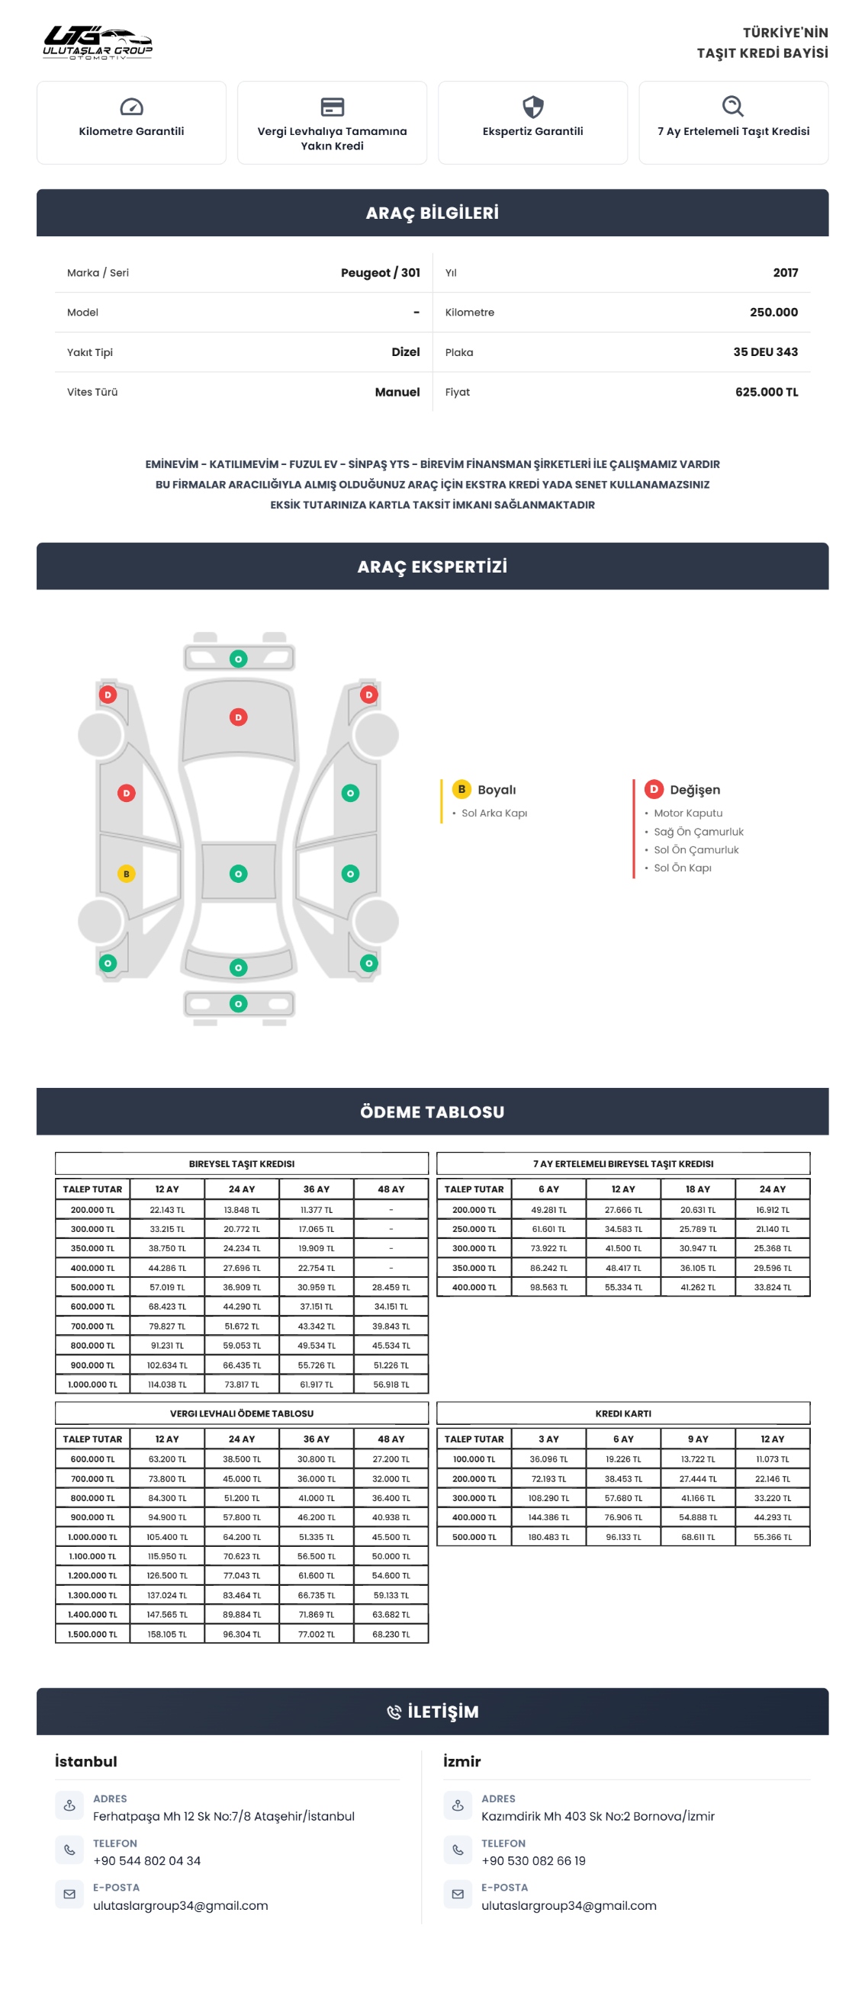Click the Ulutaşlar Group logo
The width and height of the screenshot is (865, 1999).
pos(98,42)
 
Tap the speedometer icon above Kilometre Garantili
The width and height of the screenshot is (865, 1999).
pos(131,106)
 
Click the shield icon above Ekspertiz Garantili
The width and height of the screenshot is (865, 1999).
pos(532,106)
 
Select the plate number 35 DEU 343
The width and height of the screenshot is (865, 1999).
pos(765,351)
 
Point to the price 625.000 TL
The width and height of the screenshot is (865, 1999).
pos(766,392)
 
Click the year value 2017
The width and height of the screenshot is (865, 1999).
pos(785,272)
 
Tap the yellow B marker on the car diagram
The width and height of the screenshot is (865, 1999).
pos(127,874)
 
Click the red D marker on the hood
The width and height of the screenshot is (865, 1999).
pos(239,717)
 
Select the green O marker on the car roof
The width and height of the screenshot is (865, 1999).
pos(239,874)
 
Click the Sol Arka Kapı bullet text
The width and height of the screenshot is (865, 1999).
pos(494,813)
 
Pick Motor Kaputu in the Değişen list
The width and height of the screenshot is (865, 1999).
pos(688,813)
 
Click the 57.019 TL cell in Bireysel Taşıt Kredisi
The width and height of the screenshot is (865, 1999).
pos(167,1288)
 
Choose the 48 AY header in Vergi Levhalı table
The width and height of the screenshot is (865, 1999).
pos(391,1439)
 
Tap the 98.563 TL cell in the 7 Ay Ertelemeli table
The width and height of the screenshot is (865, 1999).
pos(548,1288)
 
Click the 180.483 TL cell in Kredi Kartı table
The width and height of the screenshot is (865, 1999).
pos(548,1537)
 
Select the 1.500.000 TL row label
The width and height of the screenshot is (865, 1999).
pos(92,1635)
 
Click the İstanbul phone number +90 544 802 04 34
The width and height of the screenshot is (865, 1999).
pos(146,1861)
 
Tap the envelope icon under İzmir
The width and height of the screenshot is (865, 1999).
pos(458,1895)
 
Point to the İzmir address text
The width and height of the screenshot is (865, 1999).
pos(597,1817)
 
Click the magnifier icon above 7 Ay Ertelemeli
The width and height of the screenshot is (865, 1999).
pos(733,106)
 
